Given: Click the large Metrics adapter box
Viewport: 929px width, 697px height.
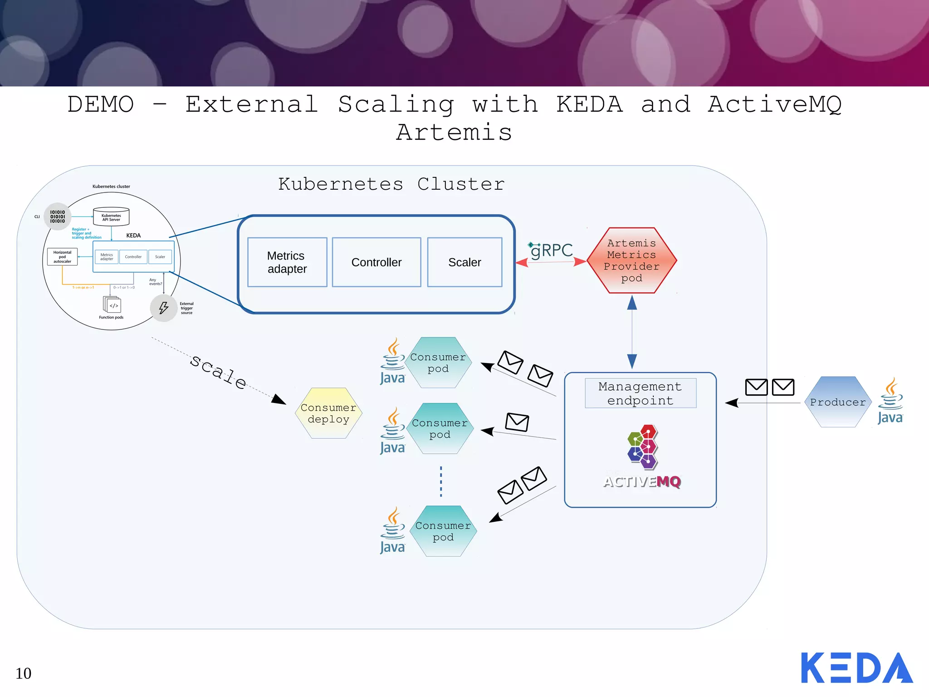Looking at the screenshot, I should (x=287, y=262).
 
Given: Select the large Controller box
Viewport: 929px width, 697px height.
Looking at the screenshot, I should (x=376, y=262).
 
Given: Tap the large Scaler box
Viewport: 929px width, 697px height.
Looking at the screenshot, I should (x=464, y=262).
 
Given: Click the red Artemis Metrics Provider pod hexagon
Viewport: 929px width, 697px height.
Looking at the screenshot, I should (x=631, y=260).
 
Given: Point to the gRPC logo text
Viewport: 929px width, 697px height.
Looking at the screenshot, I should (x=552, y=250).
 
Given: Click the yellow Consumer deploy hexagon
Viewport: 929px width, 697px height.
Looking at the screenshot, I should (x=328, y=413).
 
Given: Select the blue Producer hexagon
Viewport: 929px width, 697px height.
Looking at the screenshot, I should (x=838, y=402).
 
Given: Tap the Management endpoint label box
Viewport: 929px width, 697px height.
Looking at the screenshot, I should (x=640, y=393).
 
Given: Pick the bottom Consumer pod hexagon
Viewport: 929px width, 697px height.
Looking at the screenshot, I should (x=443, y=531).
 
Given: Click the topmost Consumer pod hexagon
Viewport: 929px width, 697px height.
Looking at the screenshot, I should (x=438, y=363).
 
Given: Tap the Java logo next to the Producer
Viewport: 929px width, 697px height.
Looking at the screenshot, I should (x=890, y=401).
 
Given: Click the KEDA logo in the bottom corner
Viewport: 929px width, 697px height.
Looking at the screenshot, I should (x=856, y=668).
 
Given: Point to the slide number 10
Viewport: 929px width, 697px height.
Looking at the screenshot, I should (x=24, y=673).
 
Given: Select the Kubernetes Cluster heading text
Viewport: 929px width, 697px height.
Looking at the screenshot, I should (x=391, y=184).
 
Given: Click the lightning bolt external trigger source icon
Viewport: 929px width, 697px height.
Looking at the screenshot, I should (x=163, y=308).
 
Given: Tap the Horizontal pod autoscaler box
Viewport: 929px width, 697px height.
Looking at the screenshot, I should (x=62, y=257).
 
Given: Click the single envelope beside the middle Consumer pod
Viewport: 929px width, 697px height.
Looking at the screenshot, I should (x=517, y=422).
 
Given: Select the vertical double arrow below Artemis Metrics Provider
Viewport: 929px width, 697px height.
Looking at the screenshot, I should (x=632, y=332).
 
